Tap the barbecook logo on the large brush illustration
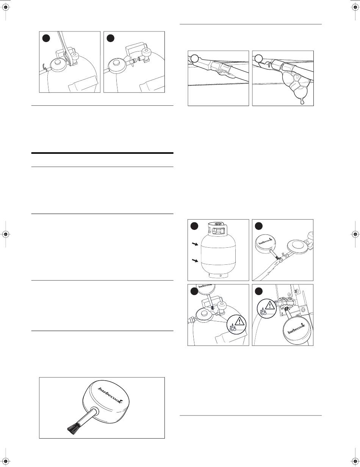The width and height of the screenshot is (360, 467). [x=110, y=395]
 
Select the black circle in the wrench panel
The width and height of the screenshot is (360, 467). [x=46, y=39]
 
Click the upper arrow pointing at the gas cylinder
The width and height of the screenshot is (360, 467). [x=195, y=244]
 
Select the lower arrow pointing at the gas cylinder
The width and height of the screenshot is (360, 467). [x=195, y=261]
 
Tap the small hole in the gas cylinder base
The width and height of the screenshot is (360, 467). [x=221, y=275]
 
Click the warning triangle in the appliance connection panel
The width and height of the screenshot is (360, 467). [x=269, y=306]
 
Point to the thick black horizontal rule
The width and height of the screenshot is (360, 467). [x=102, y=153]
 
